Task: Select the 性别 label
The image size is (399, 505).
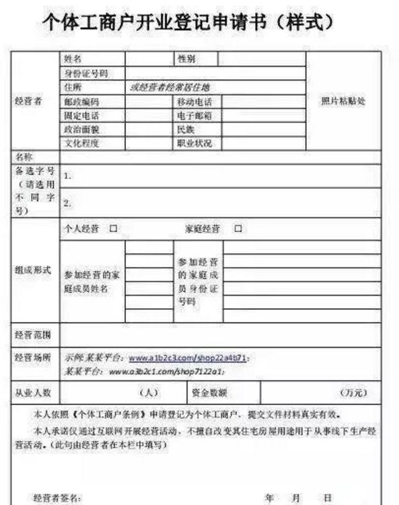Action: [x=186, y=59]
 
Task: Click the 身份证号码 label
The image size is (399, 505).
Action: [x=85, y=73]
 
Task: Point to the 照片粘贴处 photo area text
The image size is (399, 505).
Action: [x=342, y=101]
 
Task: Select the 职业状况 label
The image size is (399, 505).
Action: [x=194, y=143]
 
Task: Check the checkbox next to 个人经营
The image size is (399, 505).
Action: [x=113, y=229]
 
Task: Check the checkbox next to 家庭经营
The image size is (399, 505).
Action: [x=238, y=229]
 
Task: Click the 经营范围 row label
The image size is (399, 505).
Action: [x=32, y=334]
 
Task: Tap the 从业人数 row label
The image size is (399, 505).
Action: [x=32, y=391]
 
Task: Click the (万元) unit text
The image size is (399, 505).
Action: [x=354, y=392]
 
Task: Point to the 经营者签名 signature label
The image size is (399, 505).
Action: [x=57, y=498]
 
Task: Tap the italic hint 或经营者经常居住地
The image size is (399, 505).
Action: [x=170, y=87]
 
